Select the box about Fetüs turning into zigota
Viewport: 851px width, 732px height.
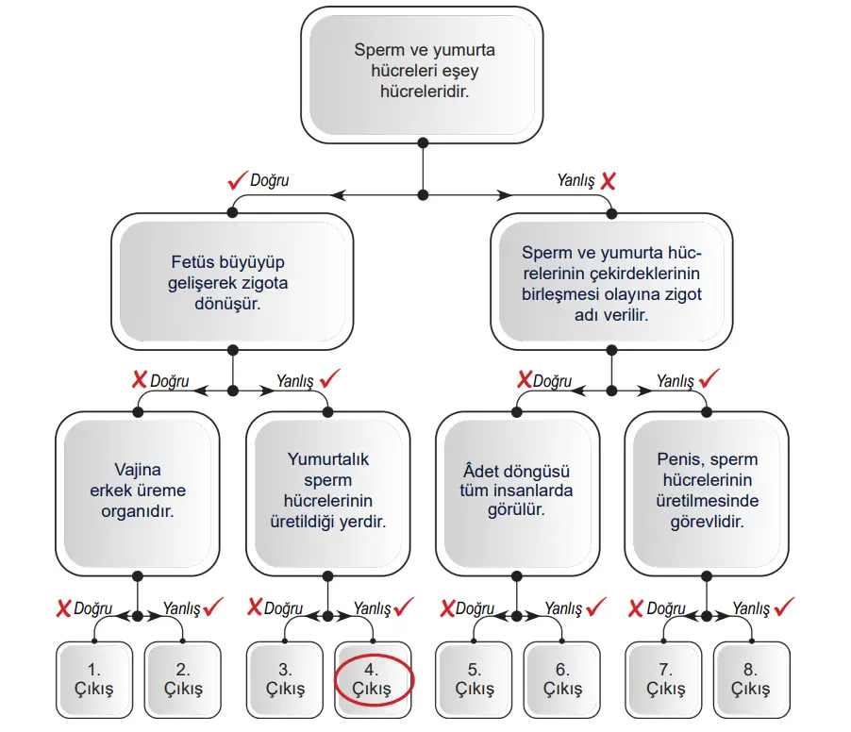coord(231,280)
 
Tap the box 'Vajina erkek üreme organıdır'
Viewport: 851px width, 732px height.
coord(138,490)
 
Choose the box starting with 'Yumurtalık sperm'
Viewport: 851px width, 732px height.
coord(328,490)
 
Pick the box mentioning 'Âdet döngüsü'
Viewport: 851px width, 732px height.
coord(517,490)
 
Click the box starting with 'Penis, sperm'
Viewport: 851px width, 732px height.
coord(708,490)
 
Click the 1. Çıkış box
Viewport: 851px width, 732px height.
coord(94,678)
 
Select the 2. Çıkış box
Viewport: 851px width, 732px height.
coord(183,678)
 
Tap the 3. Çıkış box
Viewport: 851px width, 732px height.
coord(285,678)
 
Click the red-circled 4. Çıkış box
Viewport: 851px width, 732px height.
coord(373,678)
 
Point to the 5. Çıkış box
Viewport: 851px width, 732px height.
coord(475,678)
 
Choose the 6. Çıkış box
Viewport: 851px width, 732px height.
coord(563,678)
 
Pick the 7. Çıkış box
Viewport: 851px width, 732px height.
coord(665,678)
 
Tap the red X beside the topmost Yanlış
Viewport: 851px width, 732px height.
coord(609,180)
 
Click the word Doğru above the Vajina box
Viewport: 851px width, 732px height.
coord(170,382)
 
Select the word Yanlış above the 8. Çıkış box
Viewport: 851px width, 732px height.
coord(752,609)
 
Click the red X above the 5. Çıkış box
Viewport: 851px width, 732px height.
coord(447,608)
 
